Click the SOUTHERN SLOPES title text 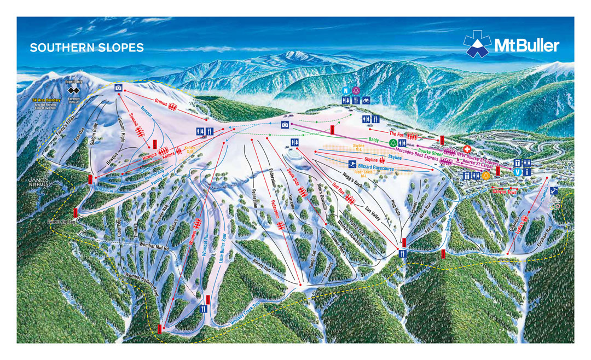(86, 48)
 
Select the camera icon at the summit (118, 88)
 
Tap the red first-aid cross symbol (467, 149)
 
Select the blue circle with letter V (518, 172)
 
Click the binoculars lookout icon (366, 100)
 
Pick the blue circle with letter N (345, 90)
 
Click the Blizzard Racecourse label (380, 165)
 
